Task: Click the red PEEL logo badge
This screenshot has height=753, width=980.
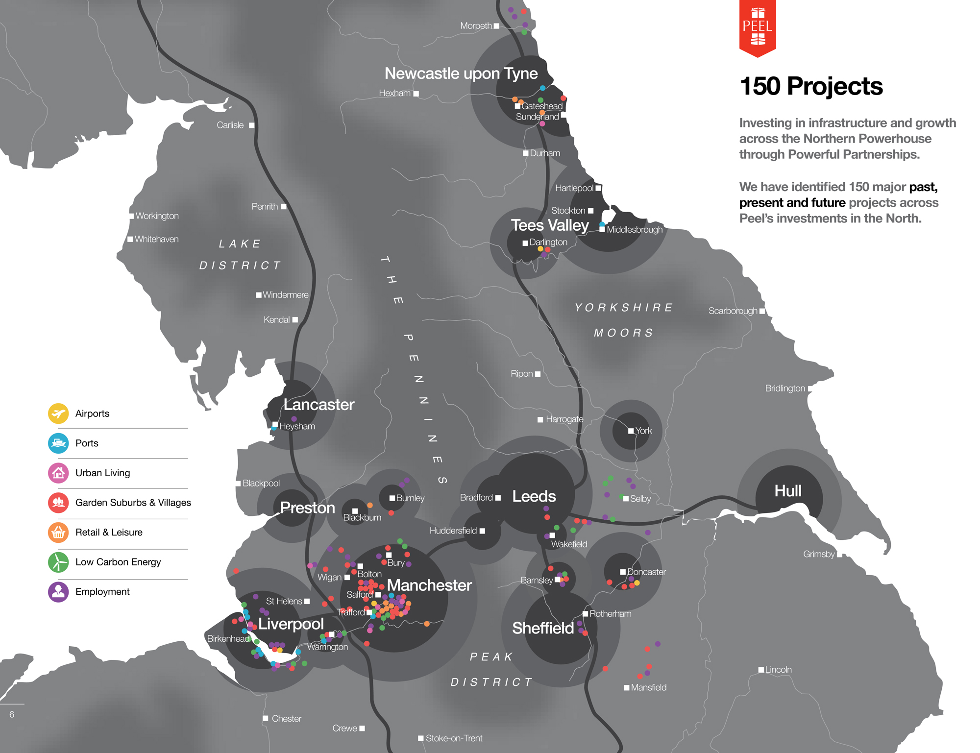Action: click(757, 27)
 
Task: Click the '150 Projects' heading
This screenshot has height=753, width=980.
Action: click(811, 86)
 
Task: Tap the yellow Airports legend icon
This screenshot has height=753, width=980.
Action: click(58, 413)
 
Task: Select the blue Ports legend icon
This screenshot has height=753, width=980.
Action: click(58, 443)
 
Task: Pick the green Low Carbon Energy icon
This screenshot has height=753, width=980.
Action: click(58, 562)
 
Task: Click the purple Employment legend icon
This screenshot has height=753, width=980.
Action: click(58, 592)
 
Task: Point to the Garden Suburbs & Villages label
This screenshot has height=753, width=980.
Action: click(133, 503)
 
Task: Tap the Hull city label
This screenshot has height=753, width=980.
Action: click(787, 491)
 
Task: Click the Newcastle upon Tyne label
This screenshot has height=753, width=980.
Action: click(461, 73)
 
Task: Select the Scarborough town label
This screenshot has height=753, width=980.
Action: click(733, 311)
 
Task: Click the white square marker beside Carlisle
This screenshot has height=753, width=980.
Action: click(251, 125)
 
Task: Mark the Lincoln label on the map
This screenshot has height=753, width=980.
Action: click(778, 670)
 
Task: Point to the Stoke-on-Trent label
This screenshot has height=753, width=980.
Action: click(454, 738)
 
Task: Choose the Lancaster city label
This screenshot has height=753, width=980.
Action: click(318, 405)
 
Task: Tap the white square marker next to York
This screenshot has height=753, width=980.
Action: click(631, 431)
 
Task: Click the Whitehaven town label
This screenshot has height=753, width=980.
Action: click(156, 239)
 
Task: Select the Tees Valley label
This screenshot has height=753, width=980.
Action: click(549, 225)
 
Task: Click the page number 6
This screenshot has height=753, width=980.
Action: click(12, 714)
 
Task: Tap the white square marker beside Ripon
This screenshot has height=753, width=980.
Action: click(538, 374)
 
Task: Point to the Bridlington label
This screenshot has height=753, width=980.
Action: click(784, 389)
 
